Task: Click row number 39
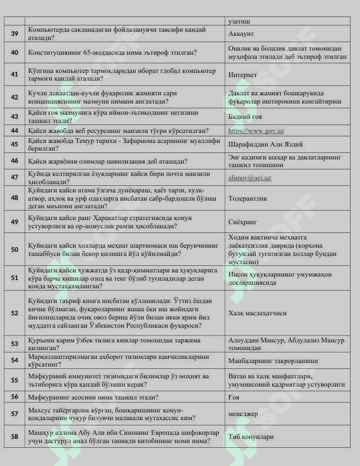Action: tap(15, 34)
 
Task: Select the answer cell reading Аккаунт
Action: tap(241, 34)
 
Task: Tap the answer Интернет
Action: tap(243, 75)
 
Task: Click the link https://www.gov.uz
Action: tap(256, 131)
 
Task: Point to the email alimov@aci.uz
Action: tap(249, 177)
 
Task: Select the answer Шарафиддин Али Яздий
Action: tap(266, 144)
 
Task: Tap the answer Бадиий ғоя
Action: tap(246, 116)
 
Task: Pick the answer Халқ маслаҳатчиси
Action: tap(258, 313)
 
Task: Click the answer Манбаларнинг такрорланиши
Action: tap(273, 360)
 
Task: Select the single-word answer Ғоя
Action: tap(234, 397)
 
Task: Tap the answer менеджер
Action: tap(244, 414)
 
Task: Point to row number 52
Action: tap(15, 313)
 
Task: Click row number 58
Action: tap(15, 437)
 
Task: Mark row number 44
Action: tap(15, 131)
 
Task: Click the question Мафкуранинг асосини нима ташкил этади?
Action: tap(93, 397)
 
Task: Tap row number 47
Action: tap(15, 177)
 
